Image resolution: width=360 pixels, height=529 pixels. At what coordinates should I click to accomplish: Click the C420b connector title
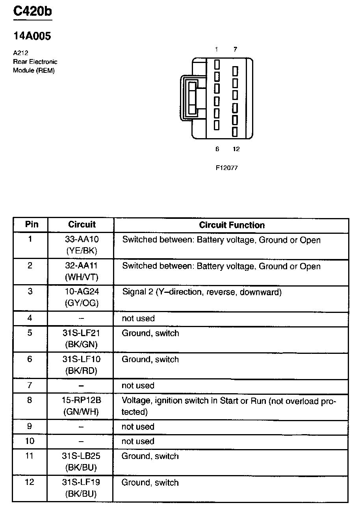coord(32,11)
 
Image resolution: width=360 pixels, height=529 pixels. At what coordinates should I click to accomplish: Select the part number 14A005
coord(32,36)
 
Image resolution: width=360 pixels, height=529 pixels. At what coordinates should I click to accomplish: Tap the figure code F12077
coord(226,168)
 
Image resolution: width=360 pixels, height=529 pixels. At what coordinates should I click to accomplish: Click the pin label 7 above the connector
coord(235,49)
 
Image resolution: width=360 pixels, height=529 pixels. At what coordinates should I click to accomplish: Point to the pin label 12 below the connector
coord(236,149)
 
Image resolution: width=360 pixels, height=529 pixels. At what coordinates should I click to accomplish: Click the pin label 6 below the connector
coord(217,149)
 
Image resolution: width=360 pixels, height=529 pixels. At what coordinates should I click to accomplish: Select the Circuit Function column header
coord(232,225)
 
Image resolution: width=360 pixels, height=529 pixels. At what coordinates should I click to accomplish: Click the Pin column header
coord(32,224)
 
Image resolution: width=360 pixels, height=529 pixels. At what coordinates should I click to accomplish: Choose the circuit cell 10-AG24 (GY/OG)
coord(82,298)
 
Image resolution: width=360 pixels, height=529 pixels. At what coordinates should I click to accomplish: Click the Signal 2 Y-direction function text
coord(202,292)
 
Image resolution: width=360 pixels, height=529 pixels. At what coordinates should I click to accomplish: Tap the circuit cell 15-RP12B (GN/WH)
coord(81,406)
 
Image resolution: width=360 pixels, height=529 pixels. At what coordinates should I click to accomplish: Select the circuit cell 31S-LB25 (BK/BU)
coord(81,462)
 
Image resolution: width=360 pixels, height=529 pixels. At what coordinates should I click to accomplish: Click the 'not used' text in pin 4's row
coord(138,318)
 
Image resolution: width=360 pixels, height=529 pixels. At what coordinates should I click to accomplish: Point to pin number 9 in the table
coord(30,426)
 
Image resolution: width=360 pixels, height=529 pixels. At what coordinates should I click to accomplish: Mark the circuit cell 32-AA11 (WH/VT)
coord(81,271)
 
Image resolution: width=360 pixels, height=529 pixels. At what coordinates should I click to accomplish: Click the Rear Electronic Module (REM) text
coord(35,66)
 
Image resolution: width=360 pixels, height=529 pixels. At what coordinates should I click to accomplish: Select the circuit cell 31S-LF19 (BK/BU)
coord(81,488)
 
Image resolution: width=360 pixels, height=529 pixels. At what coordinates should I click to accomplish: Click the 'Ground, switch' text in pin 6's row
coord(150,359)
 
